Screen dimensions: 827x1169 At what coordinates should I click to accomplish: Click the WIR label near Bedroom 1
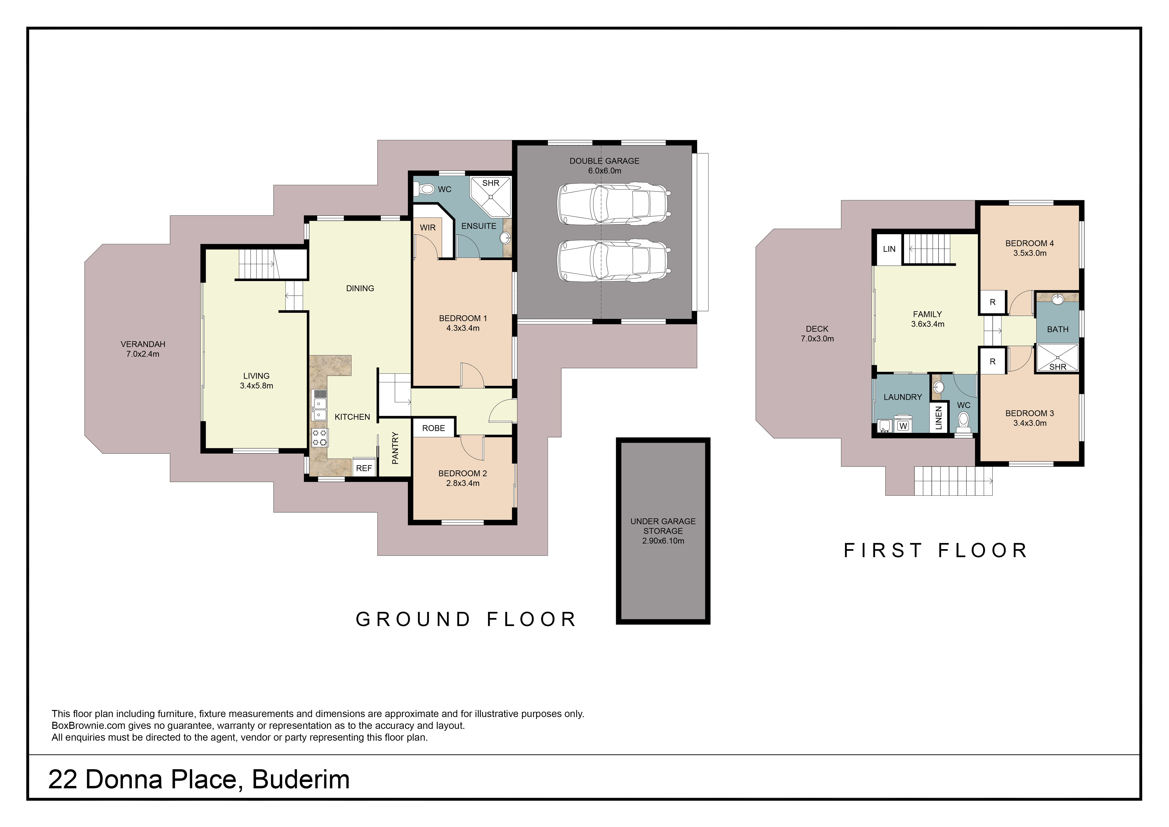coord(428,228)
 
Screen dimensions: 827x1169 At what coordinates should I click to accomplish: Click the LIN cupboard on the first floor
coord(889,249)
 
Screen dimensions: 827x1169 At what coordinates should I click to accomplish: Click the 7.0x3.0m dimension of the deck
coord(817,339)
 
